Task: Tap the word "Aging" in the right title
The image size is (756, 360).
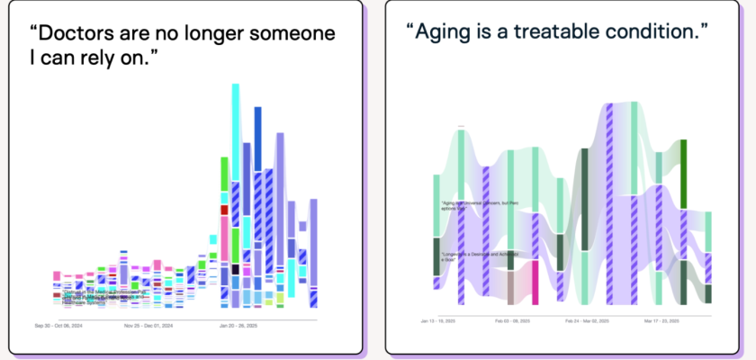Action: tap(443, 31)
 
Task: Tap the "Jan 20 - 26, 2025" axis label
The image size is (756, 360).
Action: tap(239, 325)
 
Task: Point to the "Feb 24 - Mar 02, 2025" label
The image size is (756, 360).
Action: tap(587, 319)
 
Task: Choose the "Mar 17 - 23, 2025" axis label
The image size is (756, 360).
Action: tap(663, 319)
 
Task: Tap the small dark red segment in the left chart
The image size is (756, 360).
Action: tap(224, 210)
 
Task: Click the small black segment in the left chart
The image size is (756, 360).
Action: tap(235, 269)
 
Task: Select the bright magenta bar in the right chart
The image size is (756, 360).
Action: tap(535, 282)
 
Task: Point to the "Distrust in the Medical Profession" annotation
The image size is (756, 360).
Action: tap(90, 293)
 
